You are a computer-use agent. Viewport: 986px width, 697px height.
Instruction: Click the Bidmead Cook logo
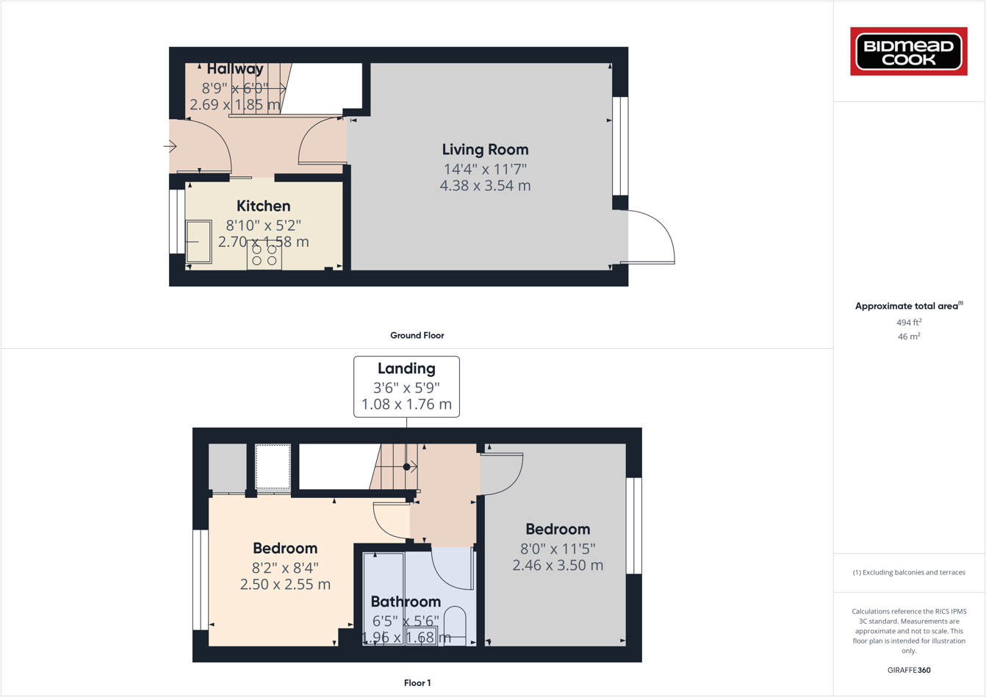click(x=909, y=51)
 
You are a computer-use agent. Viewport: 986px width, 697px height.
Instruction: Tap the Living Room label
click(x=485, y=149)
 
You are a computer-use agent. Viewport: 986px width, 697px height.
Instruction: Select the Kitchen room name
click(x=263, y=206)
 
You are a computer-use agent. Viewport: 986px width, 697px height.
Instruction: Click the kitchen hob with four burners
click(x=265, y=256)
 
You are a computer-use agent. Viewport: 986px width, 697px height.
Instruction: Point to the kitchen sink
click(x=198, y=242)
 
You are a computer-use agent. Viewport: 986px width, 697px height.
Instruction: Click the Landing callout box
click(x=406, y=386)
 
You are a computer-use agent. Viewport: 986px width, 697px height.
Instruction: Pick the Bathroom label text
click(x=406, y=602)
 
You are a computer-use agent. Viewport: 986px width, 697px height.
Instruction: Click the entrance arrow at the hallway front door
click(x=170, y=147)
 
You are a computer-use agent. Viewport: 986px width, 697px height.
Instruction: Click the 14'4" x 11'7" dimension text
click(x=485, y=169)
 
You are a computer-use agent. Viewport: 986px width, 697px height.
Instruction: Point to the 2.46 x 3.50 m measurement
click(x=558, y=565)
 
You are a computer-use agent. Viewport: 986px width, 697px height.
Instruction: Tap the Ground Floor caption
click(x=417, y=335)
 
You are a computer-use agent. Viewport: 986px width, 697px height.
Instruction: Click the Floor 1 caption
click(x=417, y=683)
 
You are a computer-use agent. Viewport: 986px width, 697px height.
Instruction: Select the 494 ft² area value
click(x=909, y=322)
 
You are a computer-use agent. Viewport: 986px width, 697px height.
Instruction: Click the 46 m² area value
click(x=909, y=336)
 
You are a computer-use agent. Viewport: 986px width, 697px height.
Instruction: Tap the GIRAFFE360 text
click(x=909, y=670)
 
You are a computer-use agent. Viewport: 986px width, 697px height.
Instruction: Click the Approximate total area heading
click(x=908, y=306)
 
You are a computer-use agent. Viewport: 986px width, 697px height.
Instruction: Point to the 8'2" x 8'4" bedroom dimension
click(x=285, y=567)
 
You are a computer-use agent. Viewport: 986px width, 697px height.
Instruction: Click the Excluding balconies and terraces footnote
click(x=909, y=572)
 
